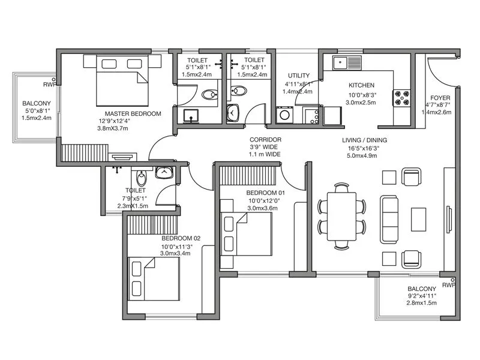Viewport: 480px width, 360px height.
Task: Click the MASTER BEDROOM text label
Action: click(133, 113)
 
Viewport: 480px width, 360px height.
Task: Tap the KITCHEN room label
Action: click(361, 85)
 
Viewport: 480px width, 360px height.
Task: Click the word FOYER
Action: click(440, 98)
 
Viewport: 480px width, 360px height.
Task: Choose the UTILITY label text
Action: click(298, 75)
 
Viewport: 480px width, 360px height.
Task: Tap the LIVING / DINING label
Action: click(364, 140)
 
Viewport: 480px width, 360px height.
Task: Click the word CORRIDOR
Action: click(265, 140)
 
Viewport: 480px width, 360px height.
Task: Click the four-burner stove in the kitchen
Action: click(401, 97)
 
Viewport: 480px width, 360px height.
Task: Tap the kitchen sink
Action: click(346, 61)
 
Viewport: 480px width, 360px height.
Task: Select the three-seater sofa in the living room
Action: click(388, 214)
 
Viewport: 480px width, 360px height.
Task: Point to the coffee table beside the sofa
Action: click(418, 215)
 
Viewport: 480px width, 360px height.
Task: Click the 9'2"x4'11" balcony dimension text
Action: click(422, 295)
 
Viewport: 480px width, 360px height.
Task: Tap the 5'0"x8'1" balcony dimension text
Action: click(37, 110)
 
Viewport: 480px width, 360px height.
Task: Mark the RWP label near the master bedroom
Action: click(49, 85)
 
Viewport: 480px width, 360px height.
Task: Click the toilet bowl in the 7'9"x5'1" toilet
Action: click(140, 178)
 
